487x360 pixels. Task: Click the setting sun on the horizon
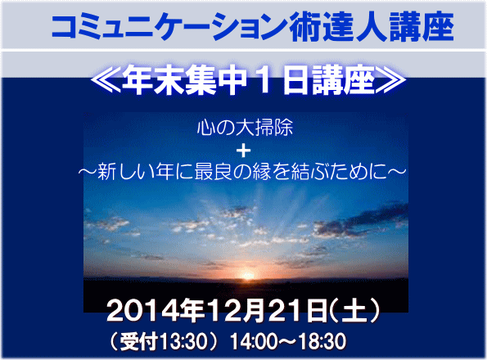[247, 275]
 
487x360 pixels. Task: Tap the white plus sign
[244, 151]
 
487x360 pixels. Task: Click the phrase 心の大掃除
[245, 128]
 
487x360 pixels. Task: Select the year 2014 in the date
[142, 311]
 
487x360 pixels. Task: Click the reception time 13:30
[183, 341]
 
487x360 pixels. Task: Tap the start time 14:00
[254, 341]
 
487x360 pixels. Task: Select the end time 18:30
[322, 341]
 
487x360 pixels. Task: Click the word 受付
[139, 341]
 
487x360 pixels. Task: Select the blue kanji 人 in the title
[372, 27]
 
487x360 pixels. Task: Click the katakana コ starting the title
[65, 27]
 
